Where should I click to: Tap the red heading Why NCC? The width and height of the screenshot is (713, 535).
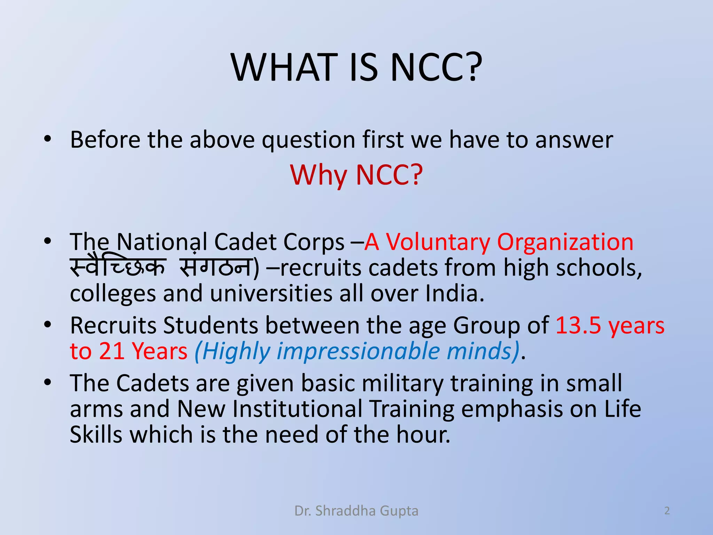(356, 175)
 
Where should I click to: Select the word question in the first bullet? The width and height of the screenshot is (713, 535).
(308, 140)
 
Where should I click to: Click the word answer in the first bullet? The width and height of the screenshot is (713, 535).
(574, 140)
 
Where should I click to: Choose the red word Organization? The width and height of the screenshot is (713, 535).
(565, 242)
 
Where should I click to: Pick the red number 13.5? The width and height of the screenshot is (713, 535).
(578, 326)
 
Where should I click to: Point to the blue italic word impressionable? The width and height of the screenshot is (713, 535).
(358, 351)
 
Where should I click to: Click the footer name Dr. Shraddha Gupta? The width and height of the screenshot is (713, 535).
(356, 511)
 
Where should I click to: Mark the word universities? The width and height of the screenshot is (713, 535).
(271, 293)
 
